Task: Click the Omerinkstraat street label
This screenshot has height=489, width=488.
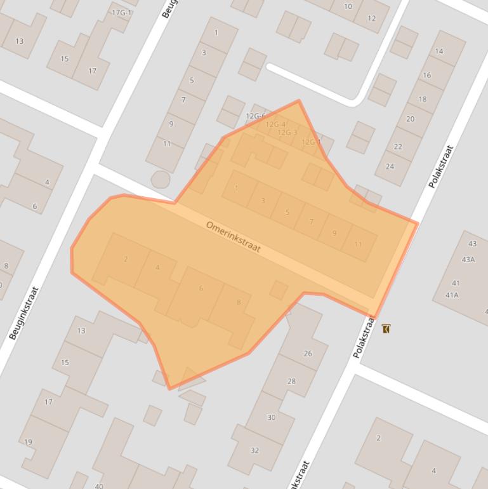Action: tap(234, 236)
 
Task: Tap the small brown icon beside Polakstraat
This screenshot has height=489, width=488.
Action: tap(386, 328)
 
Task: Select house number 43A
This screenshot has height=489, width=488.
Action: tap(468, 259)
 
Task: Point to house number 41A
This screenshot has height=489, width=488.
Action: tap(452, 295)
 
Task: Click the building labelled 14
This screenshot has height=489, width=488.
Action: tap(439, 51)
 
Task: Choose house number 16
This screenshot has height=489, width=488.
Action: tap(426, 75)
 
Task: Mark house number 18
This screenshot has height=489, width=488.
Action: tap(423, 99)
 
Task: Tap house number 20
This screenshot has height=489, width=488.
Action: tap(410, 119)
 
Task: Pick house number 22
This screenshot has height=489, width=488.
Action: tap(398, 146)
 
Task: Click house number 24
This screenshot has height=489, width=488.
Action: tap(390, 166)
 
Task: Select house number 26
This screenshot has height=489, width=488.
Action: tap(308, 354)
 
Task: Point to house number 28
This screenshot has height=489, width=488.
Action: tap(291, 381)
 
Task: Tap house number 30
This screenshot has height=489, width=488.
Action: tap(271, 417)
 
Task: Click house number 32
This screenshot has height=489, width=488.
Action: tap(254, 450)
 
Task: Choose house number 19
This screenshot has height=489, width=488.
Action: tap(28, 442)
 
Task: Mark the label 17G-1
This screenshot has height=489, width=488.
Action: tap(121, 13)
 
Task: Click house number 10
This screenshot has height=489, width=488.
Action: tap(348, 6)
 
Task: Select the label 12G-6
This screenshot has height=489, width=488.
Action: tap(255, 116)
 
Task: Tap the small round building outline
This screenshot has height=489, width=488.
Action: tap(160, 180)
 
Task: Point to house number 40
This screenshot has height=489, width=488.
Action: tap(99, 486)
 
